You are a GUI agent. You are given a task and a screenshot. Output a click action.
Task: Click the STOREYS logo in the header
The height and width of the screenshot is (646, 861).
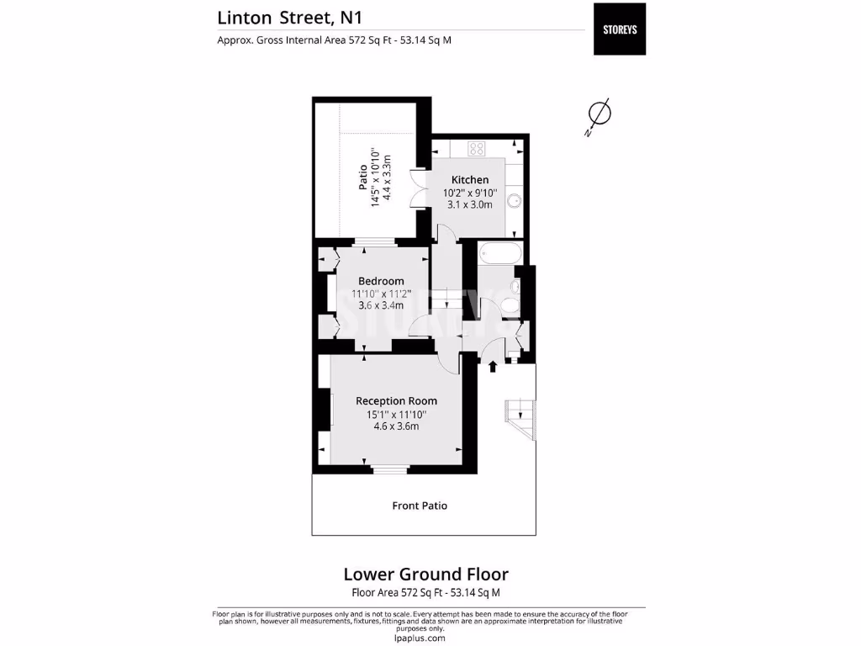click(620, 29)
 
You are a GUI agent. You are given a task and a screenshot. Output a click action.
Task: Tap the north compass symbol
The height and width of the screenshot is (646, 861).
click(598, 114)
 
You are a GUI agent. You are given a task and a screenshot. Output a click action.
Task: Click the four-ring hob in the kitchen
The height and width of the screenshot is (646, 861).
click(477, 149)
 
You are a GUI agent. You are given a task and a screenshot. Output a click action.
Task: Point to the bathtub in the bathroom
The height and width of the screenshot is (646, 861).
click(499, 254)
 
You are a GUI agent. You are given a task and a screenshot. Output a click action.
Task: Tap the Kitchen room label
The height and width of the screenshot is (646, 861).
click(470, 180)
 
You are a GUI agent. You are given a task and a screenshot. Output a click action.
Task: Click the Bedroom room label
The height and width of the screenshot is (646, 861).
click(381, 281)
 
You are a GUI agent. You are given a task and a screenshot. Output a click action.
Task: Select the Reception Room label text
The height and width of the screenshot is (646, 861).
click(396, 401)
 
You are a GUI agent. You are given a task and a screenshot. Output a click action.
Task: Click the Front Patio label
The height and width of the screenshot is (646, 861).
click(420, 506)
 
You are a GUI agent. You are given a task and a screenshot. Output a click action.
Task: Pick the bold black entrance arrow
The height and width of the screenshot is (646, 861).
click(493, 365)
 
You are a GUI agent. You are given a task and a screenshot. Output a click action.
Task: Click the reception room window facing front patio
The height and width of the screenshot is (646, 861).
click(389, 469)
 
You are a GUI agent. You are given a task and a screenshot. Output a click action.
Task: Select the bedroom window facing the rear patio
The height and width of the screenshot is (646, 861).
click(374, 243)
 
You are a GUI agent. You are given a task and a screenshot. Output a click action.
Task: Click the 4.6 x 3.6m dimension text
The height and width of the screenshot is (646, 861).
click(396, 426)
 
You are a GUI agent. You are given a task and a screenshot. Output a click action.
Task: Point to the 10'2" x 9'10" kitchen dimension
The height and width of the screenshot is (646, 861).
click(470, 193)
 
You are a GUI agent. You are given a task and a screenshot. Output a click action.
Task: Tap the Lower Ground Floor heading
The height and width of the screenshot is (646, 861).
click(425, 575)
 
